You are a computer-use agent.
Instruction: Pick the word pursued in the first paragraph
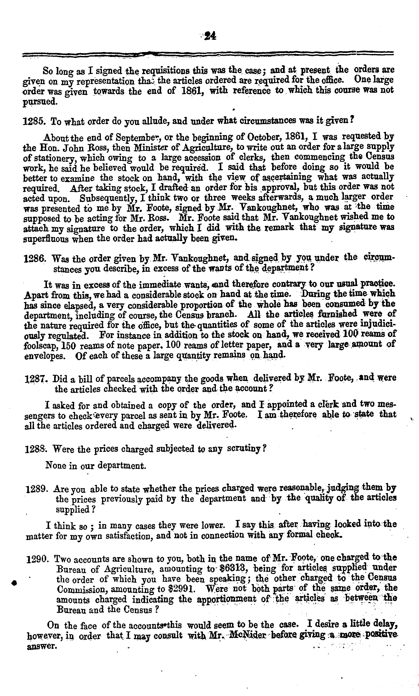(40, 102)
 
